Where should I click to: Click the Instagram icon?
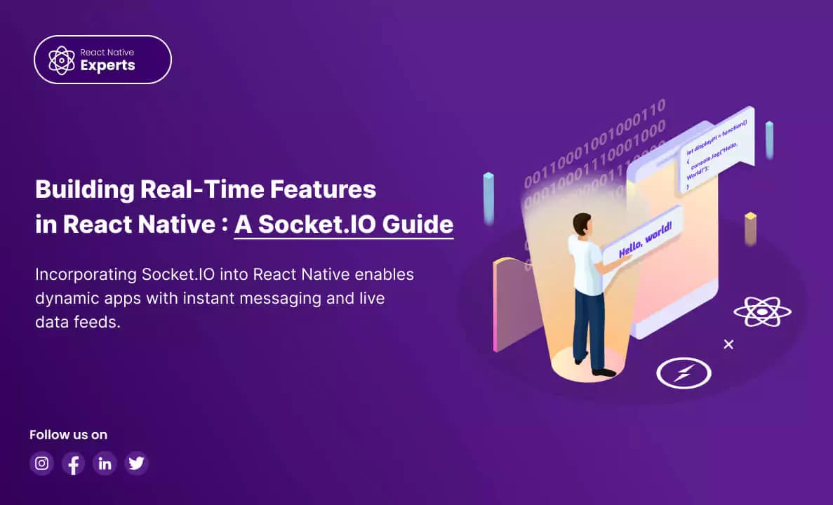point(42,463)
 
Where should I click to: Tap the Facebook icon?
point(73,463)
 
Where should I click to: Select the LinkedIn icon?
point(105,463)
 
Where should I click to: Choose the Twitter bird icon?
point(136,463)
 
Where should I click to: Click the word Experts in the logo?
point(107,66)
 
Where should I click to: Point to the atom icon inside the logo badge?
point(62,60)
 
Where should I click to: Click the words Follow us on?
point(68,435)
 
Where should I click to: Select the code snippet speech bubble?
point(717,149)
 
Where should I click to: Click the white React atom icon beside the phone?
point(762,311)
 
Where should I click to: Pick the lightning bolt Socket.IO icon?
point(684,372)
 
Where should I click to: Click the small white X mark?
point(728,344)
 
